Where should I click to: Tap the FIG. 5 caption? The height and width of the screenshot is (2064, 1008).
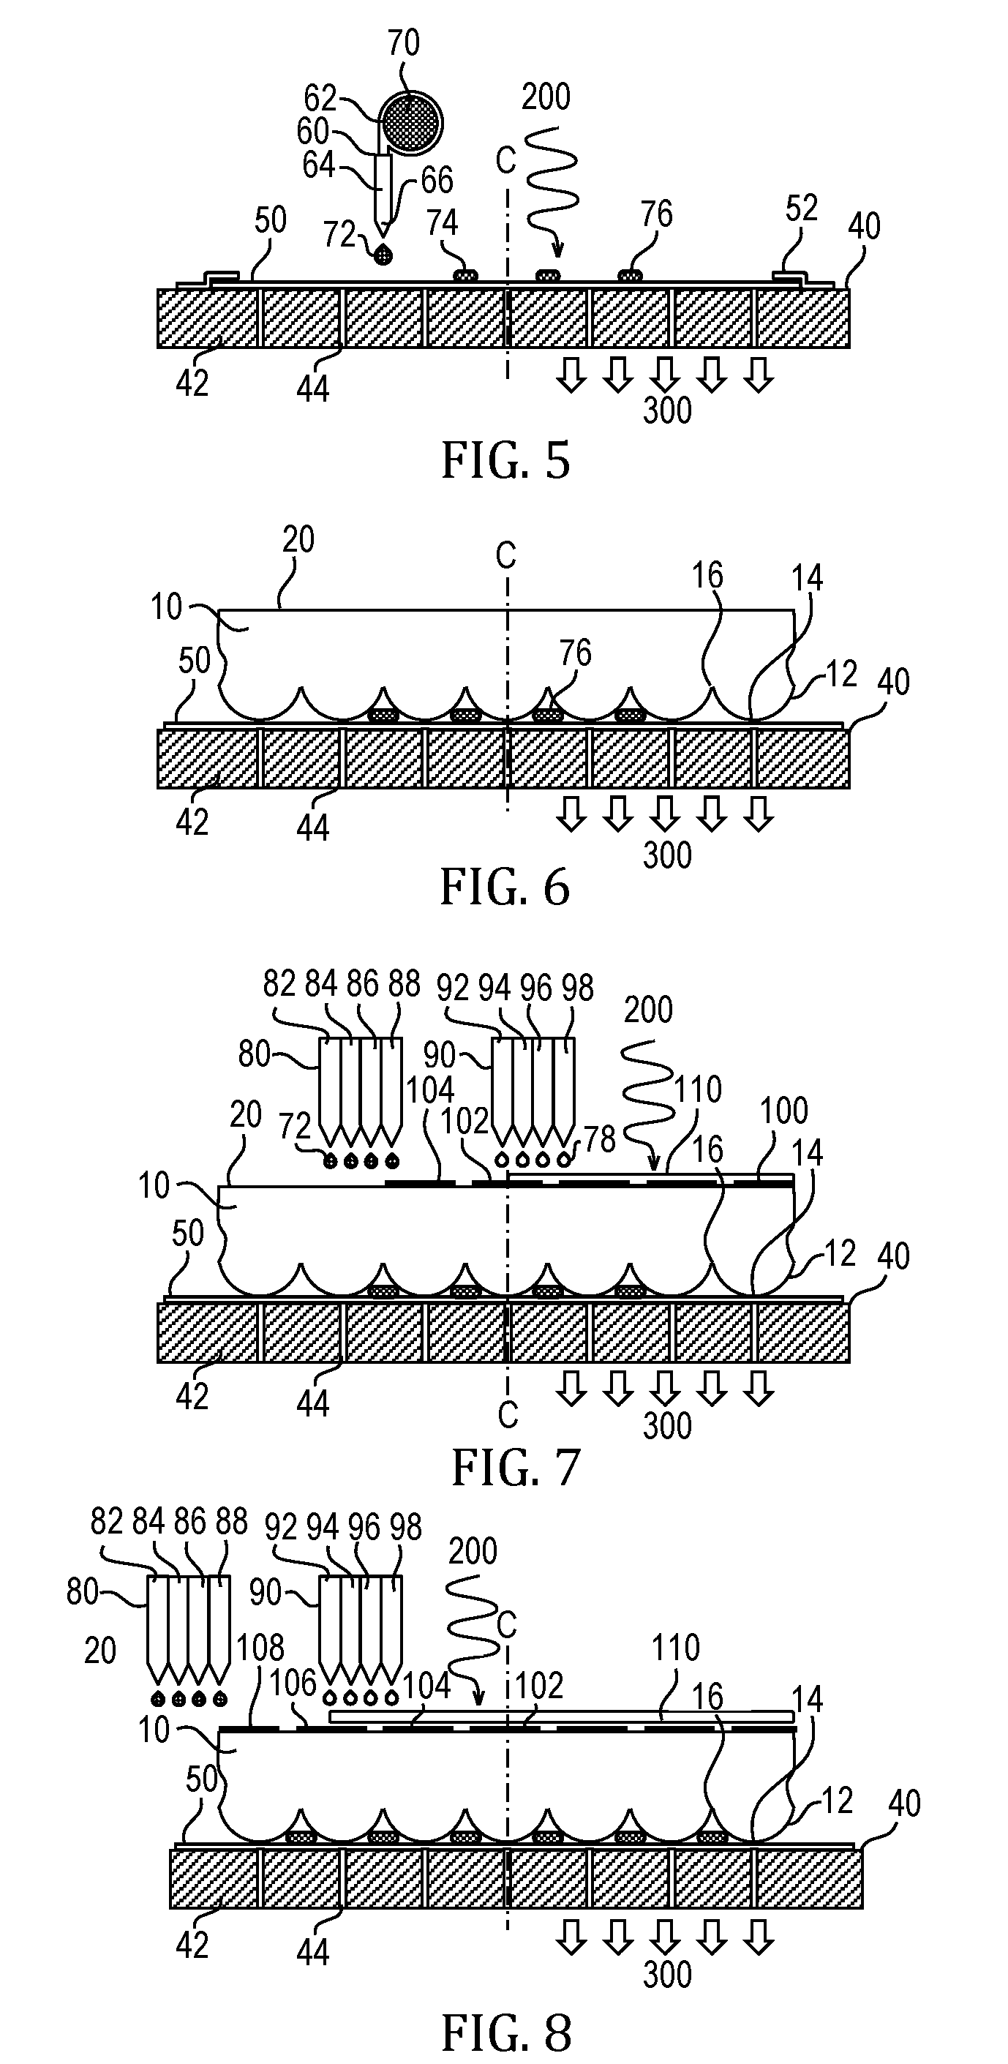coord(505,461)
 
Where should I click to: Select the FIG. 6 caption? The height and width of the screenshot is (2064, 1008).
coord(505,887)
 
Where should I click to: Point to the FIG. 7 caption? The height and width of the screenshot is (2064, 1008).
coord(516,1468)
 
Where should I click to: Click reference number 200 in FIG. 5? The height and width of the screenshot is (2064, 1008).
coord(546,97)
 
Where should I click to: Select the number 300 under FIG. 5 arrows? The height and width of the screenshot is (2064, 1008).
coord(667,410)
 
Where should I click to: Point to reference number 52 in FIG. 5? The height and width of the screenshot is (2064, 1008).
coord(801,209)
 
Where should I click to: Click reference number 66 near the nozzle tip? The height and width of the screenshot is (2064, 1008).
coord(437,180)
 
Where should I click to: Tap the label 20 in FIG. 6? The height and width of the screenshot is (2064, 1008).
coord(298,540)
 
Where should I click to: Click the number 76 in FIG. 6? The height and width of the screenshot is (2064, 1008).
coord(575,654)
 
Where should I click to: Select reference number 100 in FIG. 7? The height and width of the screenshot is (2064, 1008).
coord(783,1111)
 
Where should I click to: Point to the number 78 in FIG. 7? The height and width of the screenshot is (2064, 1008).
coord(600,1138)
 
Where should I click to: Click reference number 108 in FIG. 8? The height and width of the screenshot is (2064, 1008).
coord(260,1648)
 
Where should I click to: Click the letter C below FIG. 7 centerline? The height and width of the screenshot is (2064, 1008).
coord(508,1416)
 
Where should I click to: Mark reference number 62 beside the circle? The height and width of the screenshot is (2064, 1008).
coord(320,99)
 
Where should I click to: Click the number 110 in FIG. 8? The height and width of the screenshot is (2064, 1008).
coord(675,1648)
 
